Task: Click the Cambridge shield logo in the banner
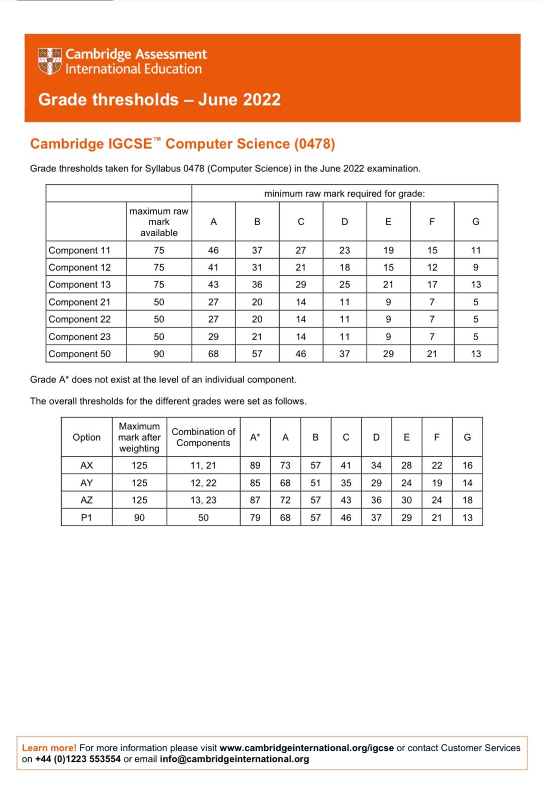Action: point(50,61)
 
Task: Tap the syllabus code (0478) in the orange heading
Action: point(315,144)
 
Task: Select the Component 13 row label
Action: point(80,284)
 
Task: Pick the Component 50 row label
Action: point(80,354)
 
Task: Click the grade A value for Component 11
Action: point(213,250)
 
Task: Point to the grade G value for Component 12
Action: point(476,267)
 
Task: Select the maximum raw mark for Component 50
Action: point(159,354)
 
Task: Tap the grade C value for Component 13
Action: point(300,284)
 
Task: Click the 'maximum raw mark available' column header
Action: point(159,222)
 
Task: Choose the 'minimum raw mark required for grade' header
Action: point(345,193)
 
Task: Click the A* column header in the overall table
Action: point(255,437)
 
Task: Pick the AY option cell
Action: point(86,483)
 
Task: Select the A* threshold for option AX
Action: point(255,465)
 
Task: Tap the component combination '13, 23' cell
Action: point(203,500)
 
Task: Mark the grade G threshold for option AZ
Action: point(467,500)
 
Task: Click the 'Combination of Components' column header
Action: point(203,437)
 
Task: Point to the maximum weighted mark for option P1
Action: point(139,517)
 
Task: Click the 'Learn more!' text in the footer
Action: point(49,748)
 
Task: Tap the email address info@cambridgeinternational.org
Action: point(234,759)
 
